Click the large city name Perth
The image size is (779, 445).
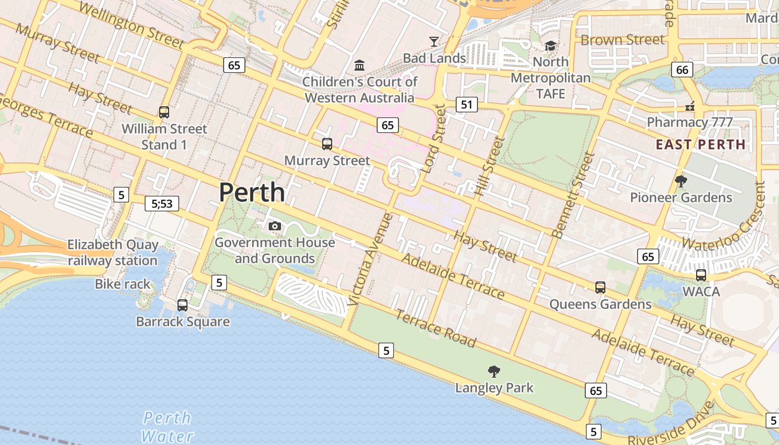[252, 192]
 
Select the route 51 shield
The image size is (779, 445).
[467, 104]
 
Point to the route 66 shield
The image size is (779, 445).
[682, 70]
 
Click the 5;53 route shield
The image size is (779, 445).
[162, 204]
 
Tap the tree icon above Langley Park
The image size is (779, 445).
[494, 371]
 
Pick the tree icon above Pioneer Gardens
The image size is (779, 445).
[681, 181]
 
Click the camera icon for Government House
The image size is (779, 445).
[274, 226]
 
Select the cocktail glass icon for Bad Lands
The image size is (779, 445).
[433, 41]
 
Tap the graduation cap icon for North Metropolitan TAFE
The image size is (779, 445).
[550, 46]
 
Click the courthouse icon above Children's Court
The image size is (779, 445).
[359, 66]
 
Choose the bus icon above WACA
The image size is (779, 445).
[701, 275]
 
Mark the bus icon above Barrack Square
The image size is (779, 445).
[183, 305]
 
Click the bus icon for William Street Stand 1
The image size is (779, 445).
[164, 112]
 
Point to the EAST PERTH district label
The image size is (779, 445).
[701, 145]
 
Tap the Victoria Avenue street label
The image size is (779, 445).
[370, 260]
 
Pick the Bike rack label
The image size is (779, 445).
[122, 284]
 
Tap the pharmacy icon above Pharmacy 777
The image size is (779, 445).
[690, 105]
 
